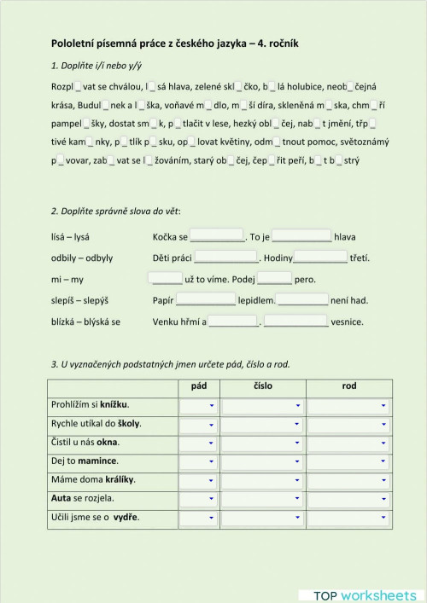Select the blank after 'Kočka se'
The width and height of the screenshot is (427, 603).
click(x=216, y=236)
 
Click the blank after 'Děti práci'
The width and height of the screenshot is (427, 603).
click(x=225, y=257)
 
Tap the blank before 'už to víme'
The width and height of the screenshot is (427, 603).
click(x=166, y=278)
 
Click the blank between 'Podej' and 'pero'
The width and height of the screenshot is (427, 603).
click(x=274, y=278)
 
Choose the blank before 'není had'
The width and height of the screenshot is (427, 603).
click(x=302, y=299)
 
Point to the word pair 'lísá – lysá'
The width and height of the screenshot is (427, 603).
click(x=72, y=236)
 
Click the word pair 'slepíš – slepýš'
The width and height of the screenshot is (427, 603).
click(x=81, y=300)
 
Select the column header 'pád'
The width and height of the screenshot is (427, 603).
click(x=199, y=386)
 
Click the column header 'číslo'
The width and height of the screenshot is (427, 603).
click(x=263, y=386)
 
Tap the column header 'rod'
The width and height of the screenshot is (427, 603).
click(x=349, y=386)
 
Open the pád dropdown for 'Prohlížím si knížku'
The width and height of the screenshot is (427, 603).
click(x=199, y=405)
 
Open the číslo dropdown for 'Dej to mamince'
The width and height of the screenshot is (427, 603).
click(x=263, y=461)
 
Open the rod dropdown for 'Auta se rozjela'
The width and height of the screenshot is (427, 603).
click(x=349, y=499)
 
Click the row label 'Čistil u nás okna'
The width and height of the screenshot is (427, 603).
click(x=85, y=442)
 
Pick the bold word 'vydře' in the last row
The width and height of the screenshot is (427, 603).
click(x=126, y=517)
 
